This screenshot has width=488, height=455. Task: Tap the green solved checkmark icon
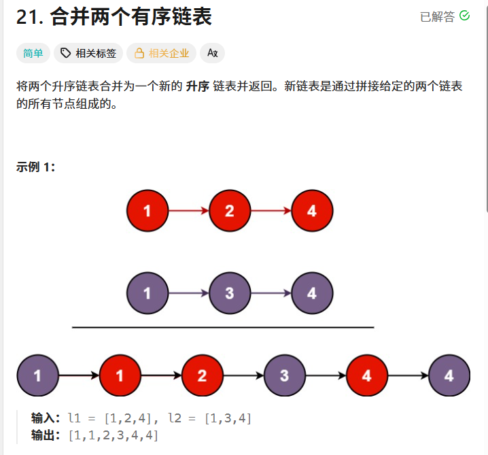pos(465,16)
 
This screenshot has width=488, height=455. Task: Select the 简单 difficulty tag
pos(33,53)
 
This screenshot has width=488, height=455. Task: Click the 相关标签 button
pos(88,53)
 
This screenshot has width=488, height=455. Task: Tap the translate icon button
pos(212,53)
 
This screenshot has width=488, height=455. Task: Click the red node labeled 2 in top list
pos(230,211)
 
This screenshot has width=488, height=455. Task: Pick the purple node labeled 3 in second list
pos(230,294)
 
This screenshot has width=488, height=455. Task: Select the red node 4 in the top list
pos(312,211)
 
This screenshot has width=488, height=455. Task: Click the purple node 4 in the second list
pos(312,294)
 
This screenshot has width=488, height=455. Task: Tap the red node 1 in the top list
pos(147,211)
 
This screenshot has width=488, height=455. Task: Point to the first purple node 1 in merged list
pos(37,375)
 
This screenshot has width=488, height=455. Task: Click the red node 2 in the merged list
pos(203,375)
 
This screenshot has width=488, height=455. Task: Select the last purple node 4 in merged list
pos(449,375)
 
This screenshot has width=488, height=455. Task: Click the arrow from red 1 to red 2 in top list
pos(188,211)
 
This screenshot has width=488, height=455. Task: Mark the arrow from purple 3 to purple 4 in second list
pos(271,294)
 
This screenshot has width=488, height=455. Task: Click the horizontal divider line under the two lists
pos(223,328)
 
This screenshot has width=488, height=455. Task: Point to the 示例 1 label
pos(35,167)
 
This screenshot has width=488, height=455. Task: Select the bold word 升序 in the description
pos(197,88)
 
